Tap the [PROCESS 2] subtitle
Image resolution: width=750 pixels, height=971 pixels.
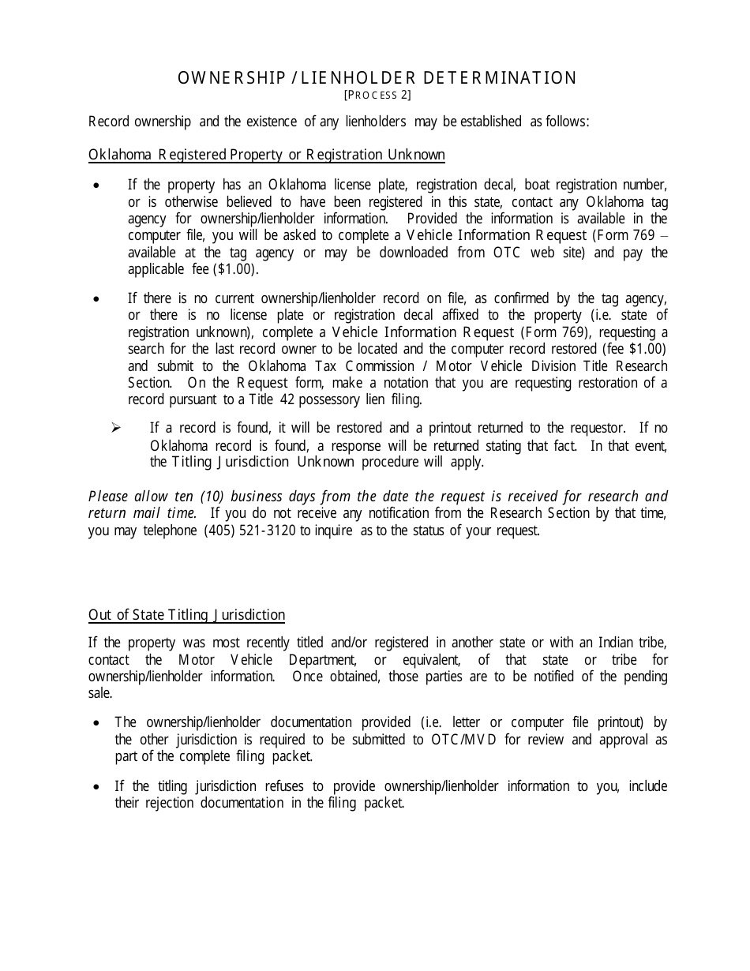[377, 95]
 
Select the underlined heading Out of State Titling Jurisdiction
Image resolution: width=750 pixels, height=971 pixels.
[186, 615]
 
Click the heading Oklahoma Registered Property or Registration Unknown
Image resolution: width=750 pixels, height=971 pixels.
[267, 155]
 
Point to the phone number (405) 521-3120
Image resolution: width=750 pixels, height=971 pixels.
[249, 530]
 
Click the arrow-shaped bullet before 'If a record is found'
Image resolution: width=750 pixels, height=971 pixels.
[115, 428]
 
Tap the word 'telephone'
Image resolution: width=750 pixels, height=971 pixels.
[170, 530]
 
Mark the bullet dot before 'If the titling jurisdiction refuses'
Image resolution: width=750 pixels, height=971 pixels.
[96, 787]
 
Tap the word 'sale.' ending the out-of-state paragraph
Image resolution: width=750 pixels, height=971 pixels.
[100, 693]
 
